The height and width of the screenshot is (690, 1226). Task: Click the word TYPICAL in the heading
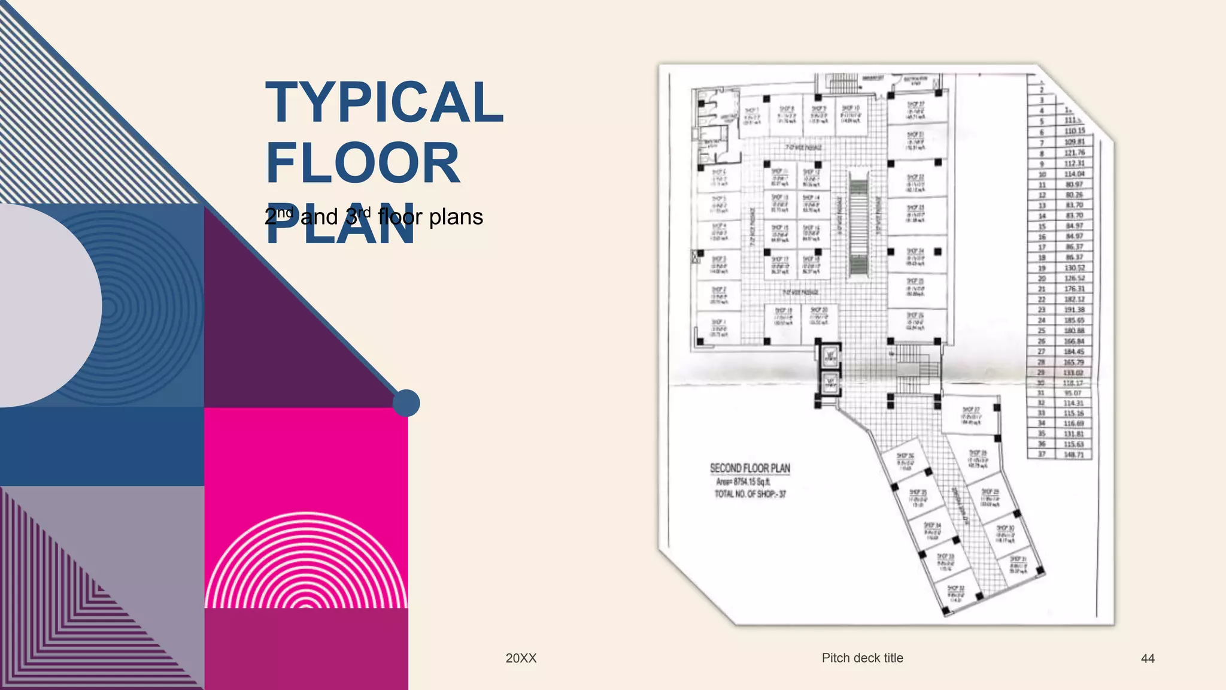tap(384, 102)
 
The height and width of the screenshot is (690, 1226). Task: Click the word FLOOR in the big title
tap(362, 163)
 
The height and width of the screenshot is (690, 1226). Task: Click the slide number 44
tap(1147, 658)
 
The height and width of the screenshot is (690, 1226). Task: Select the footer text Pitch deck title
tap(862, 658)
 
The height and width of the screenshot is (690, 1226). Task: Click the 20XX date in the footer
tap(521, 658)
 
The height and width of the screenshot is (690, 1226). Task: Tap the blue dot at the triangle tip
tap(406, 403)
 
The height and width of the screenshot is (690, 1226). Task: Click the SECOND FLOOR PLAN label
tap(749, 468)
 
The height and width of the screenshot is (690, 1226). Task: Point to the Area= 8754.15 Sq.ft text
tap(743, 482)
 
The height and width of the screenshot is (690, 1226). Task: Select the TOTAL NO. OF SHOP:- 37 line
tap(749, 494)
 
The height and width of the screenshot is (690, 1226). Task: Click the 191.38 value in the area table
tap(1074, 310)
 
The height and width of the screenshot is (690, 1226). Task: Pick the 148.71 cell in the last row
tap(1074, 455)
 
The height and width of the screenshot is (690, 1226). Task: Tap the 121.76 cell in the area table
tap(1074, 153)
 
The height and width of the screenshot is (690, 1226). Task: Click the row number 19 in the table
tap(1042, 268)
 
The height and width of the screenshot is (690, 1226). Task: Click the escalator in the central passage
tap(858, 225)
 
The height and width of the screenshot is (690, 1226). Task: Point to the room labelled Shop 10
tap(850, 114)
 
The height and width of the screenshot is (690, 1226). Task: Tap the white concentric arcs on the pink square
tap(306, 563)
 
